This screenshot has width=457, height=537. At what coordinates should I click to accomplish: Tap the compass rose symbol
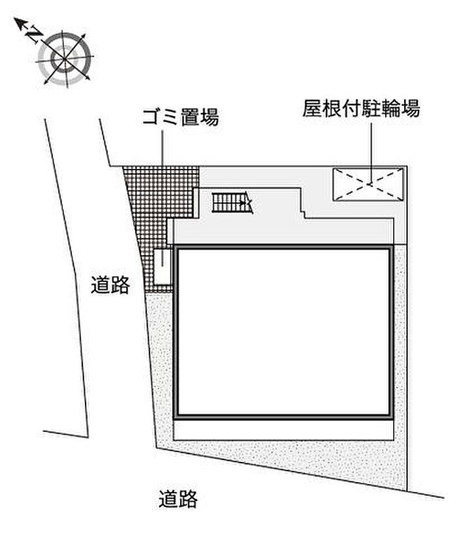click(x=65, y=59)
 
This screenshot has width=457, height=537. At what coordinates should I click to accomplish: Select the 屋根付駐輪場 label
click(x=361, y=108)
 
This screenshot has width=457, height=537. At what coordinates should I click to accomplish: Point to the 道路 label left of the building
click(x=110, y=285)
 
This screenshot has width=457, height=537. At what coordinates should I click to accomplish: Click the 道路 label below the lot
click(x=178, y=499)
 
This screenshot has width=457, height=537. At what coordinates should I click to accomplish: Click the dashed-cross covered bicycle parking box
click(x=368, y=184)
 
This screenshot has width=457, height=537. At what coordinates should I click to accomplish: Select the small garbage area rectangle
click(x=162, y=266)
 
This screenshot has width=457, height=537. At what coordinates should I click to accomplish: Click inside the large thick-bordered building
click(x=283, y=332)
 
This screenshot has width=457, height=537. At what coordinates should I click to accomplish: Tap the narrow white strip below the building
click(x=283, y=430)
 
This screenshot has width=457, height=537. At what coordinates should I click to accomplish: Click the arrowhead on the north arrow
click(x=20, y=23)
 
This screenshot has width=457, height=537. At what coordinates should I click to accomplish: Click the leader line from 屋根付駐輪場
click(x=371, y=153)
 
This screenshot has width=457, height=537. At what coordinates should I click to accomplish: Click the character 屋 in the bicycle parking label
click(x=312, y=108)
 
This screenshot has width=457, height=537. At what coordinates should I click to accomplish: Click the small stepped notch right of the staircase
click(x=303, y=213)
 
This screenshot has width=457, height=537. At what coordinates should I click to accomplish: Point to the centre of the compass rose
click(x=65, y=59)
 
